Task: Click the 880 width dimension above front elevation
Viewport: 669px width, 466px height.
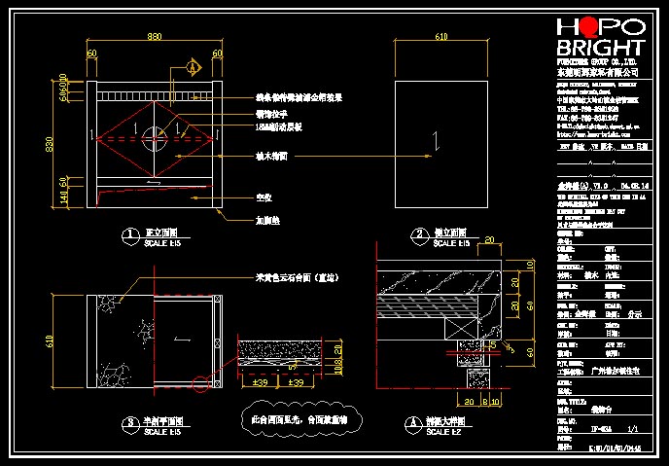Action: point(155,37)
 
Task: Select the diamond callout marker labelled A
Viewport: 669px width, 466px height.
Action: point(193,68)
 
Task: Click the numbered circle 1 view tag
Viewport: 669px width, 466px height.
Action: point(129,234)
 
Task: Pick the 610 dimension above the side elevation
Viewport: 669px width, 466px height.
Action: point(441,37)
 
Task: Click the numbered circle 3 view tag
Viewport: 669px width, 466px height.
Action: point(129,422)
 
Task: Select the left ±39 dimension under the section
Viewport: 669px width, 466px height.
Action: point(261,382)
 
